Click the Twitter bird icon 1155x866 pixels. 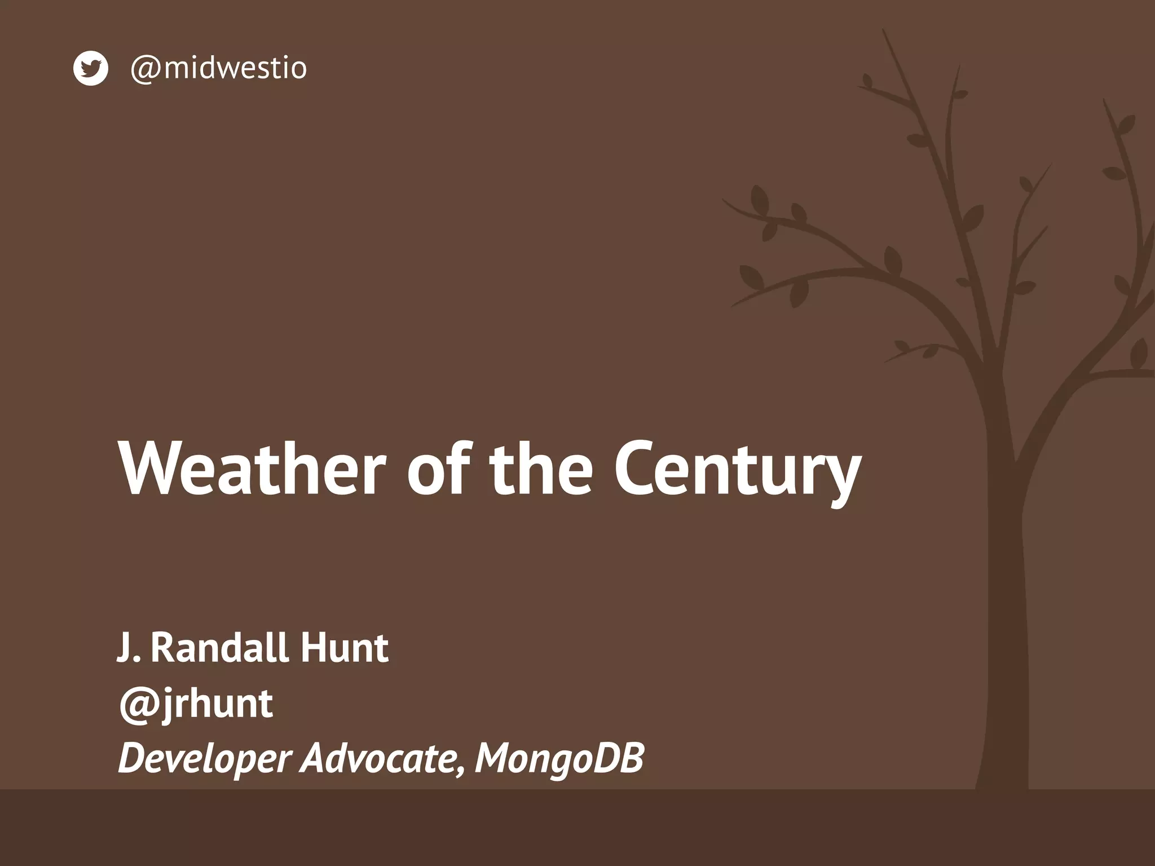click(x=90, y=68)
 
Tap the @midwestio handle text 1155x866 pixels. click(x=218, y=68)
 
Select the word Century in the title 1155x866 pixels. click(x=737, y=469)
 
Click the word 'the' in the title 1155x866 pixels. click(x=541, y=469)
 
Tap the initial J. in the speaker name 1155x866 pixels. click(x=127, y=648)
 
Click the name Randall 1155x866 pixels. click(x=220, y=648)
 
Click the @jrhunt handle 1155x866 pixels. click(x=196, y=704)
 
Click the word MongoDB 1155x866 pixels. click(x=559, y=759)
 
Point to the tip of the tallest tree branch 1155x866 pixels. click(x=884, y=30)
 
